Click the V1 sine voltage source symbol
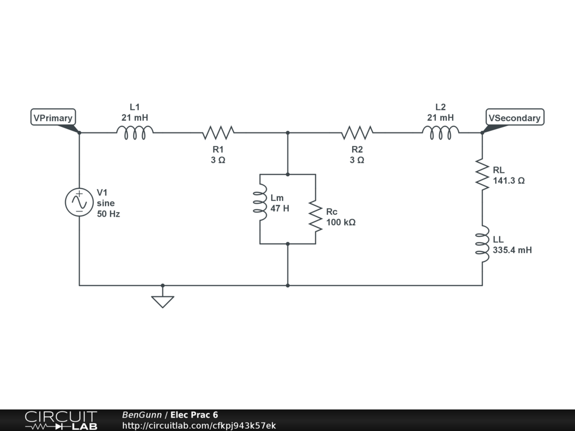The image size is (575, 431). [79, 203]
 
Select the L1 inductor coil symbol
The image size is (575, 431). [135, 132]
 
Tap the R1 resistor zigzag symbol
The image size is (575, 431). [218, 132]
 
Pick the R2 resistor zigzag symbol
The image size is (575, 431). [357, 132]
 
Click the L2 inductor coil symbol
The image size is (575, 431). [441, 132]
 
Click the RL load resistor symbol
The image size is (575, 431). [482, 174]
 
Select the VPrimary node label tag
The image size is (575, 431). [53, 118]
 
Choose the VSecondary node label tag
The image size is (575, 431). [514, 117]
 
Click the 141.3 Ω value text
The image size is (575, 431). [509, 181]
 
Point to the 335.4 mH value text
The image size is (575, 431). [512, 250]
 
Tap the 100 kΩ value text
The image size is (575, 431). [341, 222]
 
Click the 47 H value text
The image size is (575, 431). [280, 209]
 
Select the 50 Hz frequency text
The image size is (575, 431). [108, 214]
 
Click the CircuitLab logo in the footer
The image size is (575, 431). [61, 420]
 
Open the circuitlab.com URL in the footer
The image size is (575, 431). [199, 426]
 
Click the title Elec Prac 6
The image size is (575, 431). [194, 415]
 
